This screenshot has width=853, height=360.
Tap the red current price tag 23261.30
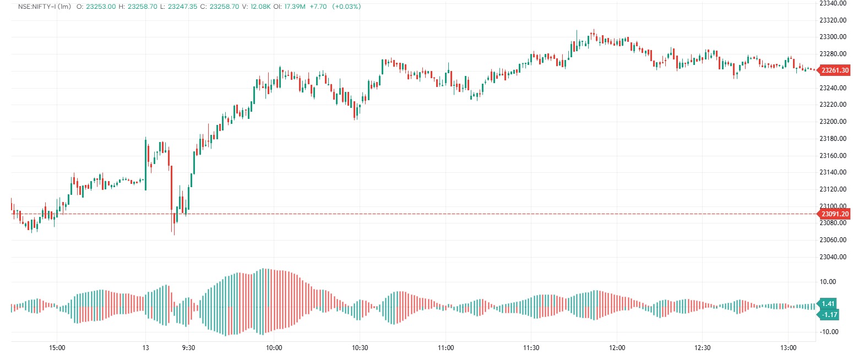[834, 70]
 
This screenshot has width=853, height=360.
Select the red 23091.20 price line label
[834, 214]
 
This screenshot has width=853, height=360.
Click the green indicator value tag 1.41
[828, 304]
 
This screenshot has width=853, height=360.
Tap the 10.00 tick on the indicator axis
[829, 282]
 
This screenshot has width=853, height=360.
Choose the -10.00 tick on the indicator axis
[829, 332]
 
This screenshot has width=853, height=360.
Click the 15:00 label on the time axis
[57, 348]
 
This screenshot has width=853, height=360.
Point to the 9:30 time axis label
[188, 348]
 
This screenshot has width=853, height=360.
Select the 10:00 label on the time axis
[274, 348]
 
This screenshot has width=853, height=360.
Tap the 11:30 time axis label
[531, 348]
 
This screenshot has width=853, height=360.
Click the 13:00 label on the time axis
[789, 348]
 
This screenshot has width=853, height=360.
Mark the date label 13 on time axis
[145, 348]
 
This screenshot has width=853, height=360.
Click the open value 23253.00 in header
[100, 7]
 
